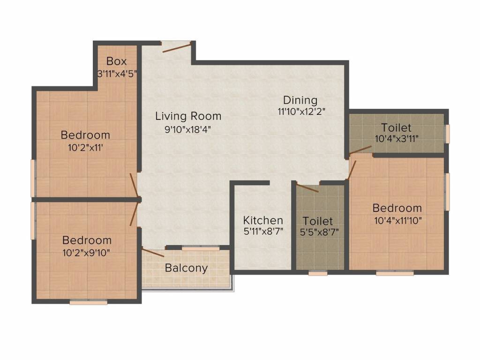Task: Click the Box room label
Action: click(x=116, y=61)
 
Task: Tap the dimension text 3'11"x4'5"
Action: click(x=116, y=74)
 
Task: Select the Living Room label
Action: click(x=188, y=116)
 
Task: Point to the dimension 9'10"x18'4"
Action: click(x=188, y=130)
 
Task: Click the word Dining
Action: click(x=300, y=100)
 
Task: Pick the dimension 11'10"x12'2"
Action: click(x=301, y=112)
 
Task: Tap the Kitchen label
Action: click(x=263, y=220)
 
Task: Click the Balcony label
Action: click(x=186, y=268)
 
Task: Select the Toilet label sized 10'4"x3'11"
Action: click(x=396, y=127)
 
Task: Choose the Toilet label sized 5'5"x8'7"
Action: click(x=317, y=221)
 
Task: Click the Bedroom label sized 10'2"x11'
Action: click(x=85, y=135)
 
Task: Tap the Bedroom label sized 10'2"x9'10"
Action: click(x=87, y=240)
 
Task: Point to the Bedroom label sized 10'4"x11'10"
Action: click(x=397, y=208)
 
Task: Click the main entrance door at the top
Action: click(x=177, y=46)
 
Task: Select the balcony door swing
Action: click(x=153, y=253)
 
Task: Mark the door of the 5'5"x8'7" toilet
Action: click(x=307, y=187)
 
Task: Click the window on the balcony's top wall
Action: click(x=201, y=248)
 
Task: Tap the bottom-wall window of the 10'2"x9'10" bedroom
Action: click(x=88, y=302)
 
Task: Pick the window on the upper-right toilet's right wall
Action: click(x=447, y=134)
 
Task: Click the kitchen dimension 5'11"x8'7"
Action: click(x=263, y=231)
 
